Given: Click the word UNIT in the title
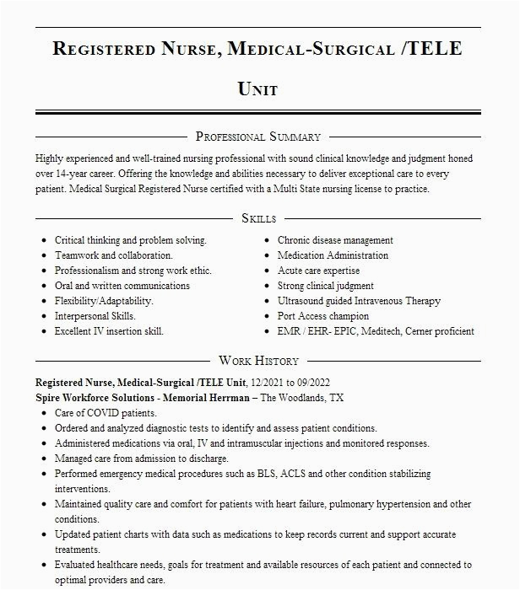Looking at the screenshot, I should pyautogui.click(x=258, y=88).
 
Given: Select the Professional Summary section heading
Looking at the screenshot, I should pyautogui.click(x=258, y=136).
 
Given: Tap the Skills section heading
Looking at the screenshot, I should pyautogui.click(x=258, y=218).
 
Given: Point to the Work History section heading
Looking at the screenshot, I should pyautogui.click(x=258, y=361).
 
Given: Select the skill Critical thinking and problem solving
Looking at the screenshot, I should pyautogui.click(x=131, y=240).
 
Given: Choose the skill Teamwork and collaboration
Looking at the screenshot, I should pyautogui.click(x=114, y=255).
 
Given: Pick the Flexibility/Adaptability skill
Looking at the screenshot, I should pyautogui.click(x=104, y=301).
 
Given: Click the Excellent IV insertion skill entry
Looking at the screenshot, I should pyautogui.click(x=110, y=331).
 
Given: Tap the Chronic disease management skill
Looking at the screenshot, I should pyautogui.click(x=335, y=240).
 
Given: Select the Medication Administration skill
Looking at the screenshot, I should pyautogui.click(x=333, y=255).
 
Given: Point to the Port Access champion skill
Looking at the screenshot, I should pyautogui.click(x=323, y=316).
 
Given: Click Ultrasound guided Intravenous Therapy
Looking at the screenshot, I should pyautogui.click(x=359, y=301).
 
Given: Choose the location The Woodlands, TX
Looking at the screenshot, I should pyautogui.click(x=302, y=397).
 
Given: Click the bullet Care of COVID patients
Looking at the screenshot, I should pyautogui.click(x=106, y=413).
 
